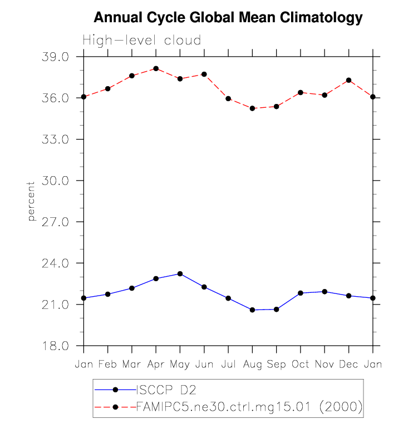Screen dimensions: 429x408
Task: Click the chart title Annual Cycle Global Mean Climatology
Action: [x=228, y=18]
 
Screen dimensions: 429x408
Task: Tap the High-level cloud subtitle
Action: [x=142, y=41]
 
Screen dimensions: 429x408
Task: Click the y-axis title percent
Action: [x=32, y=201]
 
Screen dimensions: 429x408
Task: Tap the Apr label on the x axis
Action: [x=156, y=364]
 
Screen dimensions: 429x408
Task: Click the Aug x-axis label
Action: [x=252, y=364]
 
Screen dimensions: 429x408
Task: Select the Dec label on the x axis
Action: [x=349, y=364]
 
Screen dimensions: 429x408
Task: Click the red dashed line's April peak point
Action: [x=156, y=68]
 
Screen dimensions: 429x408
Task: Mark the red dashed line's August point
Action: [x=252, y=108]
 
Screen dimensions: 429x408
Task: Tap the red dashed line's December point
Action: [x=349, y=80]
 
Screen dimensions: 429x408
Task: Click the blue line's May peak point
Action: [x=180, y=273]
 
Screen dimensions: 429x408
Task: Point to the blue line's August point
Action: [x=252, y=310]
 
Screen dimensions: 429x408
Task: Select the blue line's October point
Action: [x=301, y=293]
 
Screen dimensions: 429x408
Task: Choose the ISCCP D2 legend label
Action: [x=165, y=390]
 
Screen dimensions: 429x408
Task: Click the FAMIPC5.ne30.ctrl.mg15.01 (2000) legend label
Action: [x=250, y=407]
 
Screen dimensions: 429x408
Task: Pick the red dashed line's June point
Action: [x=204, y=74]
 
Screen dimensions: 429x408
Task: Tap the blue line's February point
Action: [x=107, y=294]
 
